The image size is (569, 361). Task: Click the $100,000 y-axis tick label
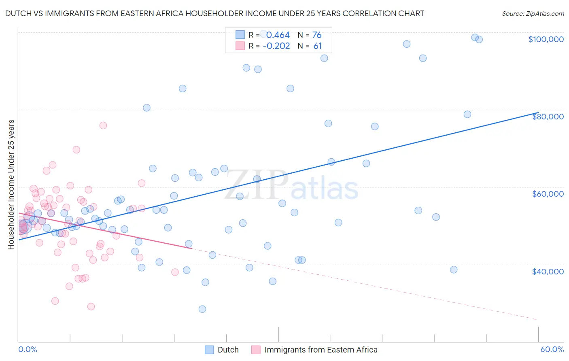point(546,39)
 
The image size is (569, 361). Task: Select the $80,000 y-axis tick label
point(548,117)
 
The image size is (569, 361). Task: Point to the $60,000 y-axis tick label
point(548,194)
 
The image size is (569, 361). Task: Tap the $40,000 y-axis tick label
point(548,271)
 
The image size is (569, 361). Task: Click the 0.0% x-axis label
point(28,349)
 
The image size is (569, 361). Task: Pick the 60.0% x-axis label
point(552,349)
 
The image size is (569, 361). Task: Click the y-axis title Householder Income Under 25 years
point(11,184)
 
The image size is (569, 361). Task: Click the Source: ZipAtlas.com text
point(533,13)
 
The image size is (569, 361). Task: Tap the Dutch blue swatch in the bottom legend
point(209,350)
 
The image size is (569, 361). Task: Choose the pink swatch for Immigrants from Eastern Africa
point(256,350)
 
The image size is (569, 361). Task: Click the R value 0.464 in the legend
point(278,35)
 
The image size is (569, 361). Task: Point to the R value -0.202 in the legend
point(276,46)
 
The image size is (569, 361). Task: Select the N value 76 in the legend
point(317,35)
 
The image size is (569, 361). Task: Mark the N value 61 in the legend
point(318,46)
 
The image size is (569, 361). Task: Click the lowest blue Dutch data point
point(202,309)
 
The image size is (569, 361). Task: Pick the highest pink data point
point(103,125)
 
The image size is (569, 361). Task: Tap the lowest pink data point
point(91,307)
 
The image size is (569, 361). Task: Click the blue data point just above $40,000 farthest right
point(454,270)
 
